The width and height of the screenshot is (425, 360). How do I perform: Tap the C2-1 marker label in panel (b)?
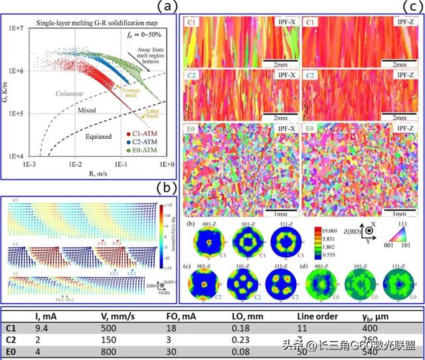(x=114, y=272)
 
